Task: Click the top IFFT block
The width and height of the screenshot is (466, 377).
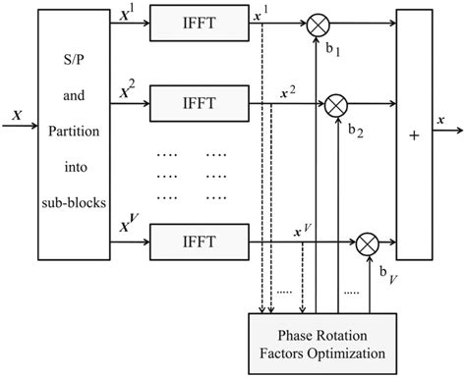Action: (186, 22)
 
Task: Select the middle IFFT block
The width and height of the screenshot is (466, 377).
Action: (186, 100)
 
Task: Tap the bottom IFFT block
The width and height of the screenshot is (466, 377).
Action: (186, 239)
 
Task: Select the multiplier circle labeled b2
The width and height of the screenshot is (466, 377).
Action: (337, 101)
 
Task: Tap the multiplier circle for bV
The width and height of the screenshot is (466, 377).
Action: (369, 241)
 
